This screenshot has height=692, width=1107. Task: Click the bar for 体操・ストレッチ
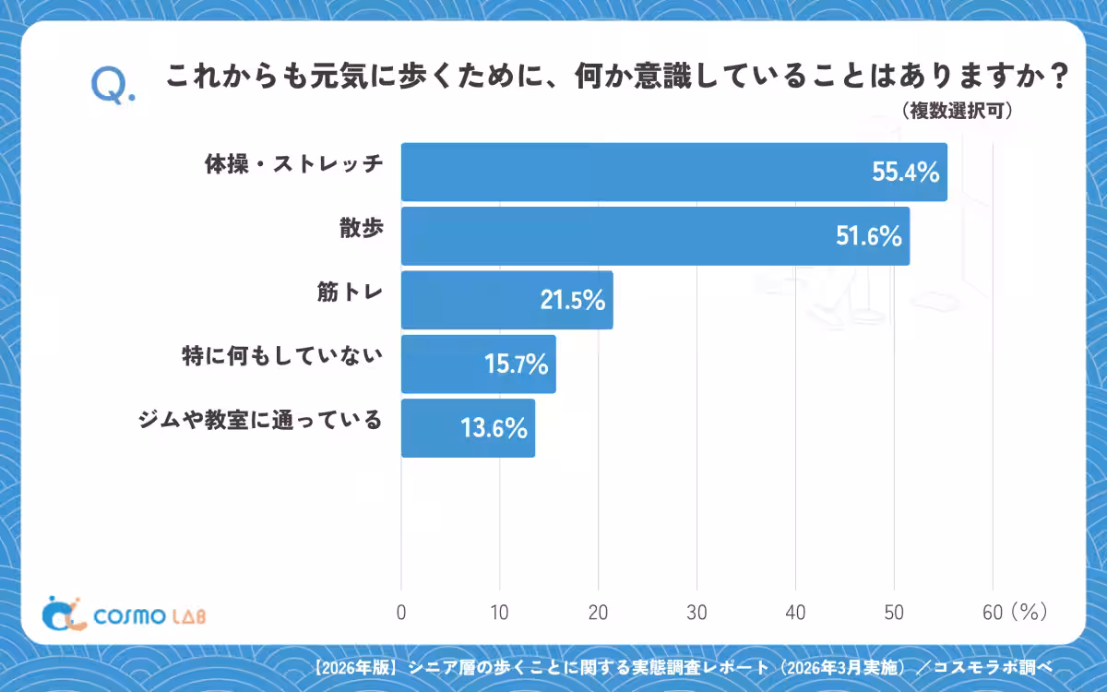click(674, 172)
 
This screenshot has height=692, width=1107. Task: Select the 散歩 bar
click(655, 236)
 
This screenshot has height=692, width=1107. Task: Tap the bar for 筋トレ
click(507, 300)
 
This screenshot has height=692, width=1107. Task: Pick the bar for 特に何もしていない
click(479, 364)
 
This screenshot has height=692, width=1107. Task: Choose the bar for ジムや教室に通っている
click(468, 428)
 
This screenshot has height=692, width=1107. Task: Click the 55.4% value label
click(905, 172)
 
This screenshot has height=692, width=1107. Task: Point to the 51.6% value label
click(869, 236)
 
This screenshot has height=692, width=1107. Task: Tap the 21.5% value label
click(573, 300)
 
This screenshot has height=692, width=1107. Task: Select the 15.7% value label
click(516, 364)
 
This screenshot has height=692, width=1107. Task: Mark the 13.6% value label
click(494, 428)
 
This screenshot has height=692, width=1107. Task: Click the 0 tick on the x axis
click(401, 613)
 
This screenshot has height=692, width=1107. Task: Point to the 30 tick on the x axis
click(696, 613)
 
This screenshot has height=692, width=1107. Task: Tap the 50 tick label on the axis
click(894, 613)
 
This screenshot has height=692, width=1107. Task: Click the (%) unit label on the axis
click(1030, 612)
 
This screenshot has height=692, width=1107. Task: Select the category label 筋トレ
click(350, 292)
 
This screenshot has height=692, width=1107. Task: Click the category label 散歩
click(362, 228)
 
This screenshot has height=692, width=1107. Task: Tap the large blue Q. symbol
click(113, 86)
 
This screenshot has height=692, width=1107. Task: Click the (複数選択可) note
click(958, 111)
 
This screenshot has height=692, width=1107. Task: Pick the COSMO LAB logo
click(124, 614)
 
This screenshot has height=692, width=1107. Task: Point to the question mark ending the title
click(1059, 77)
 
